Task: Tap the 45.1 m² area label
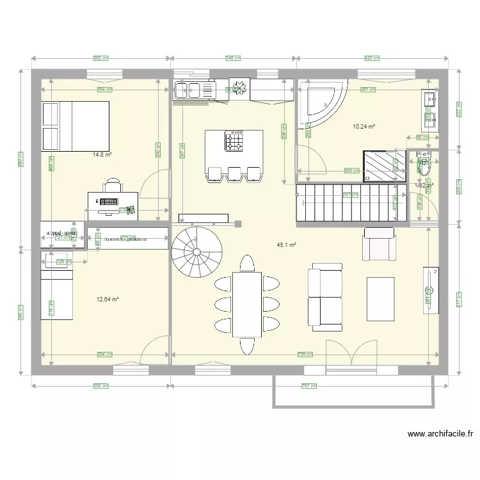pos(286,244)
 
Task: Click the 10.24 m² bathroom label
pos(364,127)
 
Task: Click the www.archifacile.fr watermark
pos(440,434)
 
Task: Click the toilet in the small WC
pos(423,162)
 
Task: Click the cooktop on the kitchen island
pos(234,141)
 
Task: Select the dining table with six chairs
pos(247,303)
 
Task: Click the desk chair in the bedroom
pos(113,186)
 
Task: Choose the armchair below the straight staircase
pos(379,244)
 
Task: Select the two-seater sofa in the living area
pos(325,299)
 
